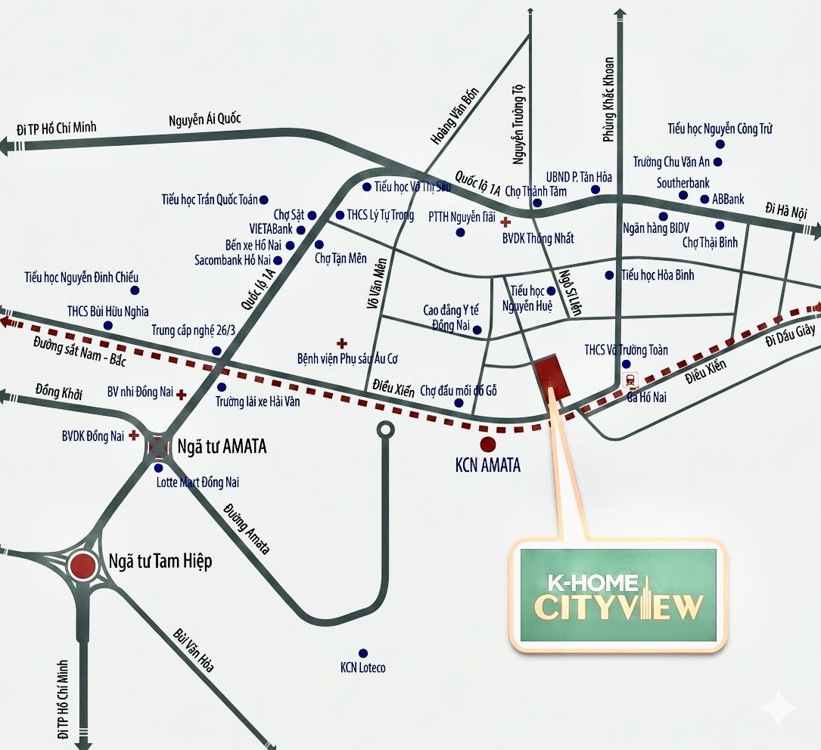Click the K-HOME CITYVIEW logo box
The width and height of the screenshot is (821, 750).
(x=617, y=597)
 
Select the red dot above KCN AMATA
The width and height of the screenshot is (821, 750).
(x=488, y=445)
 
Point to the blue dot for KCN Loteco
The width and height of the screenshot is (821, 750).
(x=363, y=652)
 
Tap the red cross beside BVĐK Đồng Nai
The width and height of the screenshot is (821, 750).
(x=134, y=435)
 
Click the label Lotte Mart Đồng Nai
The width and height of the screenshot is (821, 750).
(x=197, y=482)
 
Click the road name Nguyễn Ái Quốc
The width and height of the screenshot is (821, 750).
(x=204, y=119)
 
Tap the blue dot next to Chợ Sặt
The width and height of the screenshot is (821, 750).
(x=312, y=215)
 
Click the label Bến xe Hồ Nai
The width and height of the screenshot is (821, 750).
(x=253, y=245)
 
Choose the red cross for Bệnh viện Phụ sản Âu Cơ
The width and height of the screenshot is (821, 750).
(x=341, y=342)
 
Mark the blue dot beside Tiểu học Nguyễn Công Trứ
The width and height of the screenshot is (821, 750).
(x=720, y=144)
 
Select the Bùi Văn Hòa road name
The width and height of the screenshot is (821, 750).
(x=194, y=649)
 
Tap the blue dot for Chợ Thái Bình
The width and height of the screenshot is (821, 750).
(x=720, y=225)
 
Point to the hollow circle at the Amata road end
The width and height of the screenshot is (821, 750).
(x=386, y=430)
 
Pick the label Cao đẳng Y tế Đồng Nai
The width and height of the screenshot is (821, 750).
(x=451, y=318)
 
